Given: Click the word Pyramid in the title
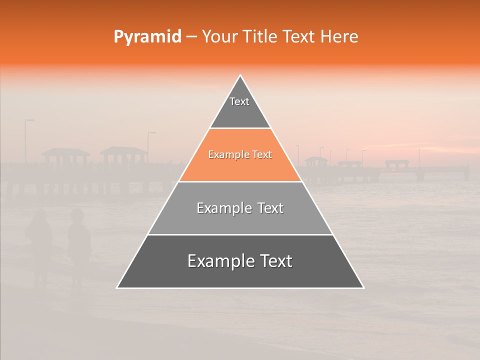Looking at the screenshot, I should pyautogui.click(x=147, y=37).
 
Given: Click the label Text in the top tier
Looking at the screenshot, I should pyautogui.click(x=239, y=101).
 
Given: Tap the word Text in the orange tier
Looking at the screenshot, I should pyautogui.click(x=262, y=155).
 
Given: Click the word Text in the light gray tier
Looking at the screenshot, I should pyautogui.click(x=270, y=208).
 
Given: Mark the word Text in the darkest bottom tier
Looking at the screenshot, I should pyautogui.click(x=275, y=261).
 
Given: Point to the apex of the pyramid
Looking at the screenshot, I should pyautogui.click(x=240, y=75).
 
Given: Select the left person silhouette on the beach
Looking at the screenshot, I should pyautogui.click(x=39, y=240).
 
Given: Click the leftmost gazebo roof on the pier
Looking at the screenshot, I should pyautogui.click(x=65, y=151).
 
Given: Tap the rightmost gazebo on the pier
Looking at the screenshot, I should pyautogui.click(x=396, y=164).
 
